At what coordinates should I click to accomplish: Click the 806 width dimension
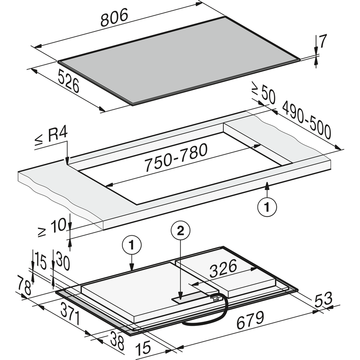pyautogui.click(x=114, y=18)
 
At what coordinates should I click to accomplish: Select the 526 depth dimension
pyautogui.click(x=68, y=81)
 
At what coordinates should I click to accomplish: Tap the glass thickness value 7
pyautogui.click(x=323, y=41)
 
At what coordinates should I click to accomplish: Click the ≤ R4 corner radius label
pyautogui.click(x=51, y=137)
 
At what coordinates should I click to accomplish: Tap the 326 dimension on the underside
pyautogui.click(x=223, y=268)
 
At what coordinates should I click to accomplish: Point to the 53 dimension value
pyautogui.click(x=324, y=299)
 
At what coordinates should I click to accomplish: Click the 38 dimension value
pyautogui.click(x=117, y=340)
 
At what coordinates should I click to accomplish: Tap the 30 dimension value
pyautogui.click(x=63, y=261)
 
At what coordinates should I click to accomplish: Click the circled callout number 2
pyautogui.click(x=180, y=230)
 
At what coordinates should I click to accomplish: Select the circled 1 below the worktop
pyautogui.click(x=267, y=207)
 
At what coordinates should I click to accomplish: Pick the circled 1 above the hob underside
pyautogui.click(x=131, y=245)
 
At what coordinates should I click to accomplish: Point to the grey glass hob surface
pyautogui.click(x=179, y=61)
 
